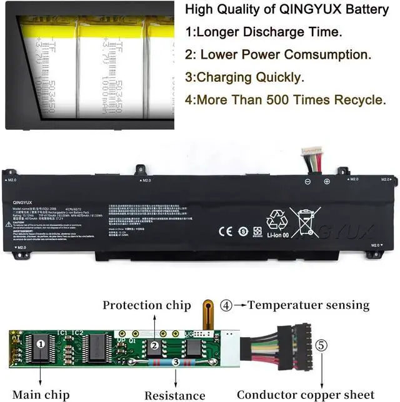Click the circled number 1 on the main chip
(41, 344)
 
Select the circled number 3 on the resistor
(176, 361)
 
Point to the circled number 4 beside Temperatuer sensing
(226, 305)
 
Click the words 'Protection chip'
(146, 305)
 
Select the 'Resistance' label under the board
(175, 395)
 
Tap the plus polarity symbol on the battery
(326, 182)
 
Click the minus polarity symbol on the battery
(307, 182)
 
